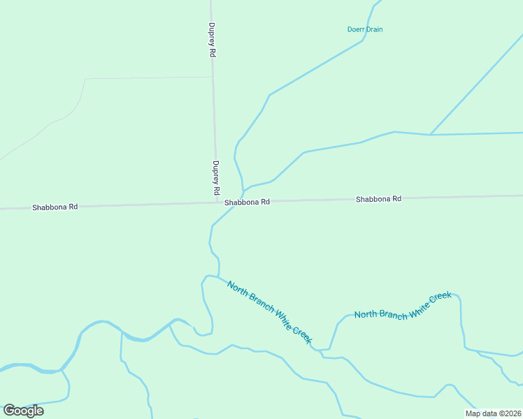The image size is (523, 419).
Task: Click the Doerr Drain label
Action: tap(365, 29)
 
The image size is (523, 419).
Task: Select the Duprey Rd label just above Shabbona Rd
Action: tap(215, 178)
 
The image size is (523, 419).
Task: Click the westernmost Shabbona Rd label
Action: tap(55, 207)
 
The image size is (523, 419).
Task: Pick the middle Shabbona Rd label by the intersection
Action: tap(247, 202)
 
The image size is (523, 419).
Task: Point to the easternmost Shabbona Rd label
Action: tap(378, 199)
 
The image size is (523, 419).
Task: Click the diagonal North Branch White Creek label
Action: tap(268, 311)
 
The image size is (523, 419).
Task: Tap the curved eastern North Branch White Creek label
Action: tap(403, 306)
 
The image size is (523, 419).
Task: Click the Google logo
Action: tap(23, 411)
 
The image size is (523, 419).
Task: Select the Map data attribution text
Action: tap(493, 413)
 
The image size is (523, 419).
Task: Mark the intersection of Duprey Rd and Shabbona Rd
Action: tap(216, 203)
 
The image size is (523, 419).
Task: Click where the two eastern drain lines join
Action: tap(429, 134)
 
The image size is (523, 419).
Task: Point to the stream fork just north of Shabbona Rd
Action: tap(243, 190)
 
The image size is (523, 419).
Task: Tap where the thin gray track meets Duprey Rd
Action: tap(212, 77)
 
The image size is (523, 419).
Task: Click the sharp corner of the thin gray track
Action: tap(85, 79)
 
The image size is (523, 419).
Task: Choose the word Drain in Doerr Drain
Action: tap(373, 29)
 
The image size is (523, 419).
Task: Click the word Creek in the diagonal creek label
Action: tap(300, 333)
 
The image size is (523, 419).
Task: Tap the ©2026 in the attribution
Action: tap(510, 413)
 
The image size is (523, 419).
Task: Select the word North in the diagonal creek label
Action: tap(237, 288)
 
